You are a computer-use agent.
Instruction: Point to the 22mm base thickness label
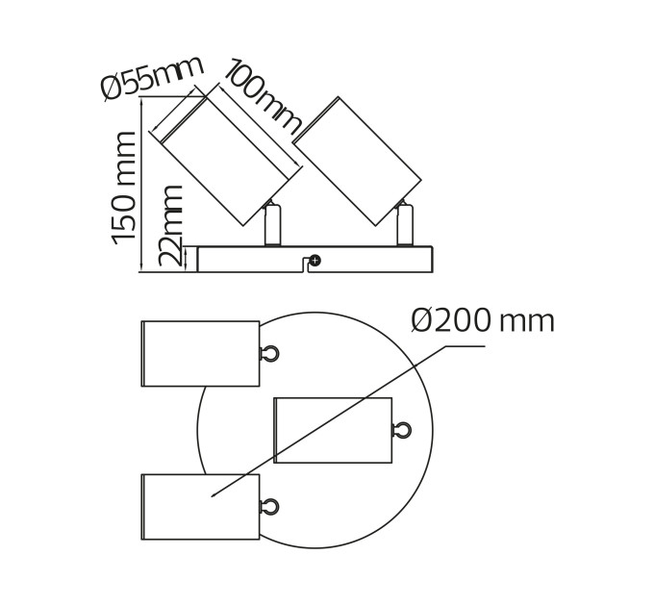point(170,225)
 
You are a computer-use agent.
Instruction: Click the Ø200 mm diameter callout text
point(483,320)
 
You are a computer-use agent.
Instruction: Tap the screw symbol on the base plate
point(315,261)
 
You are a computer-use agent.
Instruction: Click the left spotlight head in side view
point(220,162)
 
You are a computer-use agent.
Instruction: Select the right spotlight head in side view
point(357,162)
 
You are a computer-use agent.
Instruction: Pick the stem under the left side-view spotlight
point(273,223)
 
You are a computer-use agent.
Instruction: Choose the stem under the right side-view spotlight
point(405,223)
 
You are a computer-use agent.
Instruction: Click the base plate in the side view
point(314,260)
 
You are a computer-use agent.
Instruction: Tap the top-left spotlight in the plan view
point(201,354)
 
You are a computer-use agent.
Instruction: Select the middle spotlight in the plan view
point(333,430)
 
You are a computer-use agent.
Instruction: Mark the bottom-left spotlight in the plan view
point(201,507)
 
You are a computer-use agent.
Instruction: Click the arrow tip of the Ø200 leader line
point(212,496)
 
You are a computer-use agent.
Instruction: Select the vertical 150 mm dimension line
point(141,185)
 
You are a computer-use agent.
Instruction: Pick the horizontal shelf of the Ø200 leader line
point(465,345)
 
